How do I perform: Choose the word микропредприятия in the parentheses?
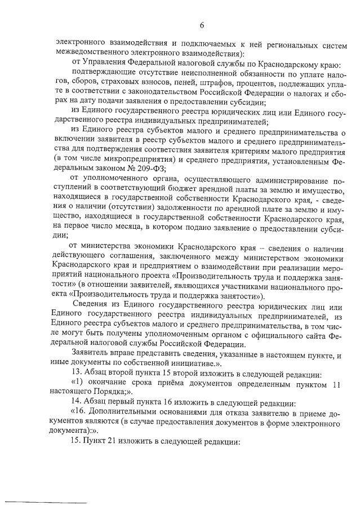tap(126, 159)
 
